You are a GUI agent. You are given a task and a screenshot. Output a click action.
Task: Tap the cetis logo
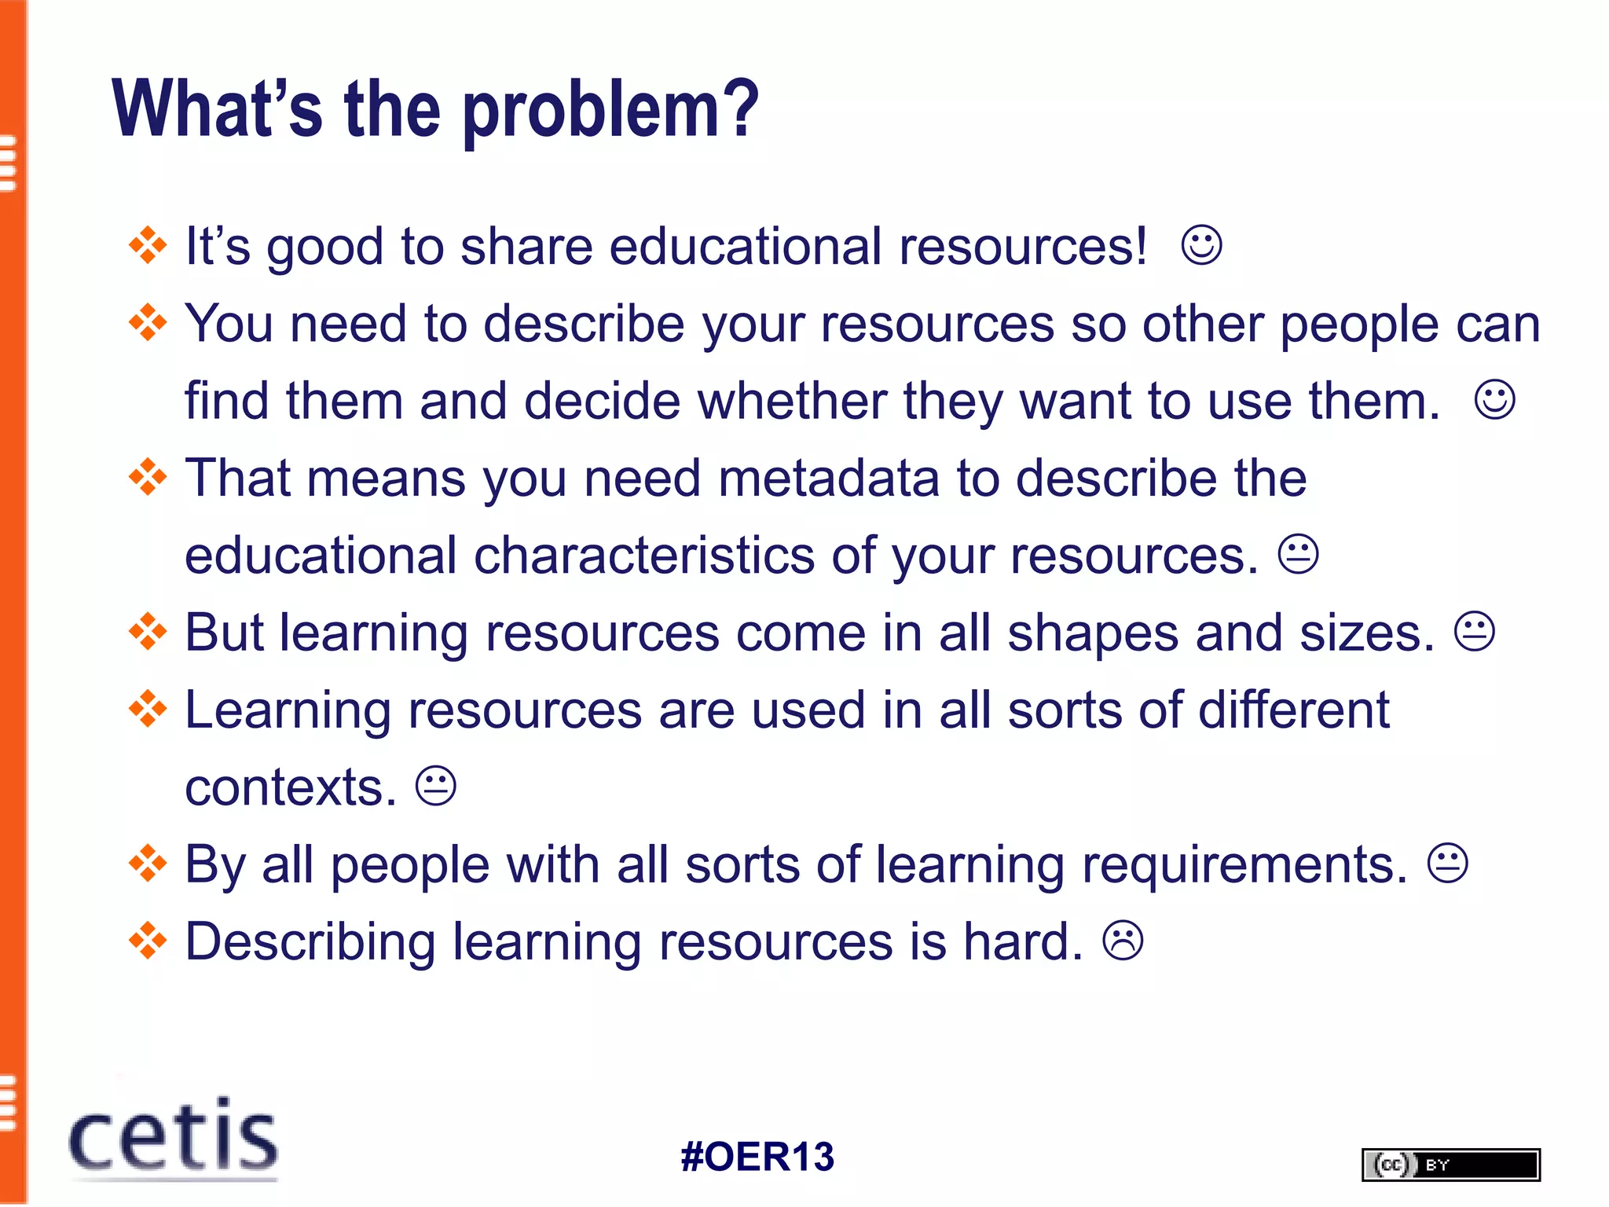point(174,1137)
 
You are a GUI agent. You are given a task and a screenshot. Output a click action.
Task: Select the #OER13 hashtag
point(757,1157)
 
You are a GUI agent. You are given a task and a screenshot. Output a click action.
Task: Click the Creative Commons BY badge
point(1450,1165)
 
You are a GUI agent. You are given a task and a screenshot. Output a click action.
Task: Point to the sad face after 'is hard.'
point(1123,941)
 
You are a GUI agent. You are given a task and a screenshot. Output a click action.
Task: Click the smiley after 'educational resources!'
point(1201,245)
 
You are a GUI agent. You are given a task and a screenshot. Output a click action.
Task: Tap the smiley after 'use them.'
point(1494,400)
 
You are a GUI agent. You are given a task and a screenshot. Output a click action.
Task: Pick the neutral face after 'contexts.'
point(435,786)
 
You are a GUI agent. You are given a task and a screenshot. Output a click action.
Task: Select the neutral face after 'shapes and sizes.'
point(1475,632)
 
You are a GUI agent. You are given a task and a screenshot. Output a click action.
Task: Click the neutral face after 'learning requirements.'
point(1447,864)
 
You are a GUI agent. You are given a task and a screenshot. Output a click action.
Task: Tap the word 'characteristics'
point(644,556)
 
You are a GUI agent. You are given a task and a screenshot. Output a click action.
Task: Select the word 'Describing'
point(310,941)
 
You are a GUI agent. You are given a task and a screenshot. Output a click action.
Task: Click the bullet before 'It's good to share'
point(148,246)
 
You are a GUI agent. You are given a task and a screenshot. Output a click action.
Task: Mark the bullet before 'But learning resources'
point(148,633)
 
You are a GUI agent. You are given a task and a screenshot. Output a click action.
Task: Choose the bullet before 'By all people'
point(148,864)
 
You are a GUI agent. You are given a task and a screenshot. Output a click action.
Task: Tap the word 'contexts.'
point(291,787)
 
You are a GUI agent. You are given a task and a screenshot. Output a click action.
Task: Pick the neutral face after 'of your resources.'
point(1298,555)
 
